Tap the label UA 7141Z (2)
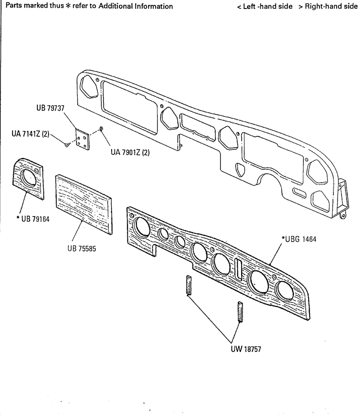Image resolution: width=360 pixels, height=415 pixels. coord(30,134)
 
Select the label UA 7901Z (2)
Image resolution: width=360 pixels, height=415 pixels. coord(130,153)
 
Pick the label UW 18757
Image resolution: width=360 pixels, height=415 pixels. coord(246,348)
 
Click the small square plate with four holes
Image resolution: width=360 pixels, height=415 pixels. coord(82,139)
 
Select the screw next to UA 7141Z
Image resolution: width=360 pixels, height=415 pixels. coord(67,144)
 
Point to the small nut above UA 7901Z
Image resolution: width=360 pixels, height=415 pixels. coord(102,129)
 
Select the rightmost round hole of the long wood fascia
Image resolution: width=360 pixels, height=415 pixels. coord(285,290)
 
